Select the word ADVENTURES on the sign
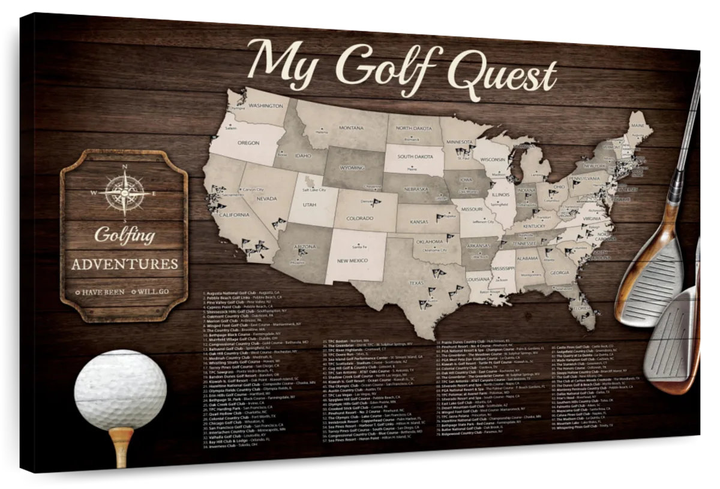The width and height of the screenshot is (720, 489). [x=124, y=264]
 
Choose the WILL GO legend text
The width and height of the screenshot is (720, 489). [x=154, y=292]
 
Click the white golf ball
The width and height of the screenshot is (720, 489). [x=120, y=390]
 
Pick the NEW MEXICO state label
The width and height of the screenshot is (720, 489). [x=353, y=261]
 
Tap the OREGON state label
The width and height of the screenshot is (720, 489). [x=248, y=144]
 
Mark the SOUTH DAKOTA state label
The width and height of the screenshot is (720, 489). [x=414, y=156]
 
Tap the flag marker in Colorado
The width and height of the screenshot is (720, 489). [x=376, y=203]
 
